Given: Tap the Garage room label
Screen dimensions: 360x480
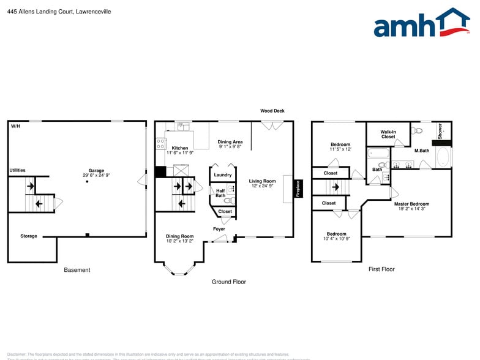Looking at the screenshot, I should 96,171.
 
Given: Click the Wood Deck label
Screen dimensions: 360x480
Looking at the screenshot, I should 272,111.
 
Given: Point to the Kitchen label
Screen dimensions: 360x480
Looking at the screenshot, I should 180,148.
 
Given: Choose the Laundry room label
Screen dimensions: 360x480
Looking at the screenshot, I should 222,175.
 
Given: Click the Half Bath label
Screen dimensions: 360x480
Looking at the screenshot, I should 220,193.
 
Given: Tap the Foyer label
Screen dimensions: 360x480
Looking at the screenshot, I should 219,229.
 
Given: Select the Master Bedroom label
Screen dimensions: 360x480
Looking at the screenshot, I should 411,204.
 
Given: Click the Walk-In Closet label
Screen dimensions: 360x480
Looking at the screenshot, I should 388,134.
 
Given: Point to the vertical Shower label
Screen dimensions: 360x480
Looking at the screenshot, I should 440,130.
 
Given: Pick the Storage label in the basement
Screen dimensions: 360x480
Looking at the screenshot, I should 29,236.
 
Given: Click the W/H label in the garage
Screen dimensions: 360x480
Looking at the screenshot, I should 15,126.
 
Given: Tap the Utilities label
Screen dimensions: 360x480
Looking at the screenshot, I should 17,170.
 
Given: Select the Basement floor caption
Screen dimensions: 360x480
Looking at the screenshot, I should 77,270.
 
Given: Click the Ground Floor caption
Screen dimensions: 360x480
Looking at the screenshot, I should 229,282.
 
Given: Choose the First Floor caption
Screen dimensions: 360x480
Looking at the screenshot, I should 381,269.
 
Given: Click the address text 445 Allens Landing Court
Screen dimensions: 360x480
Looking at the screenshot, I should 51,11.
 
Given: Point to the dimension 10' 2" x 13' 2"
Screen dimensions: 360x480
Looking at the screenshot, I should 179,241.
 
